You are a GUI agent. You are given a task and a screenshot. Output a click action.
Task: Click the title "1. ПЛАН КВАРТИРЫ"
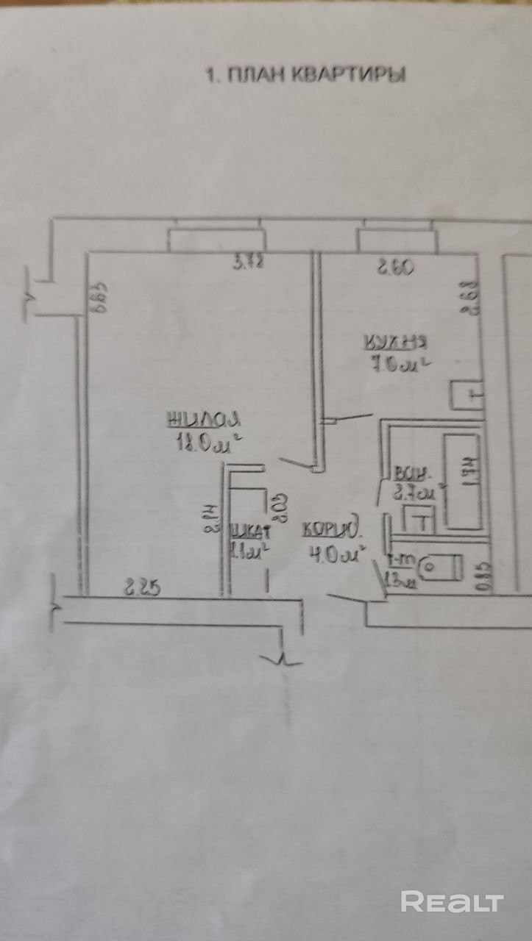pyautogui.click(x=305, y=74)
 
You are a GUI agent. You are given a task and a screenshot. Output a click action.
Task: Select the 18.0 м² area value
pyautogui.click(x=207, y=443)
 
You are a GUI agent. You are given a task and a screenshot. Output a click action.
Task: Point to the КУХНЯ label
pyautogui.click(x=397, y=342)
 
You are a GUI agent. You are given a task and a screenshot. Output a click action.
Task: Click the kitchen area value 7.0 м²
pyautogui.click(x=398, y=363)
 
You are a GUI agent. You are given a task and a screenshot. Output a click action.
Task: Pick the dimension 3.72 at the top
pyautogui.click(x=249, y=262)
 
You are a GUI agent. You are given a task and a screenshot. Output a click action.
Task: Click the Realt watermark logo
pyautogui.click(x=452, y=902)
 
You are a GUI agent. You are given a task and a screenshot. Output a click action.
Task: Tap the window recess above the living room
pyautogui.click(x=216, y=240)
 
